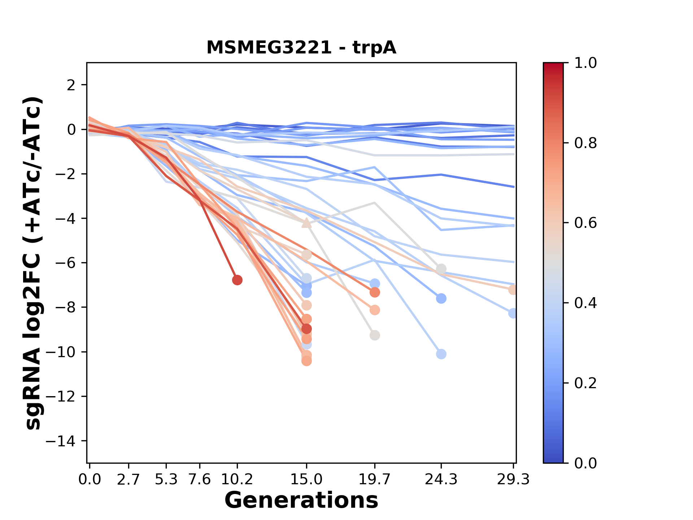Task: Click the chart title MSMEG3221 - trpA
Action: click(x=301, y=48)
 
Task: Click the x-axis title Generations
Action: click(x=301, y=500)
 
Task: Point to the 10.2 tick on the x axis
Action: click(x=237, y=480)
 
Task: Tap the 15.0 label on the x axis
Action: click(x=306, y=480)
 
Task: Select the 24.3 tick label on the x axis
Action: click(x=441, y=480)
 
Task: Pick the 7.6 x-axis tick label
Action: click(x=200, y=480)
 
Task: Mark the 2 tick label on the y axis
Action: click(x=71, y=85)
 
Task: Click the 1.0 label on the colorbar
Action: click(x=585, y=63)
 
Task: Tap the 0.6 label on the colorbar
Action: click(x=585, y=223)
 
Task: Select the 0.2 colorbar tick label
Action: click(x=585, y=383)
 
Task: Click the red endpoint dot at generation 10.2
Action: click(x=237, y=280)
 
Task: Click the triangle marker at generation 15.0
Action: click(x=306, y=223)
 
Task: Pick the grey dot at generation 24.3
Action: click(x=441, y=269)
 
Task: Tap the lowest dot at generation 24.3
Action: click(x=441, y=354)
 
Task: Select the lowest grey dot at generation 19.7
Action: click(x=375, y=335)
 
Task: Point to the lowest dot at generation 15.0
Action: click(x=306, y=361)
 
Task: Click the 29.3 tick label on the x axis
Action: click(x=513, y=480)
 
